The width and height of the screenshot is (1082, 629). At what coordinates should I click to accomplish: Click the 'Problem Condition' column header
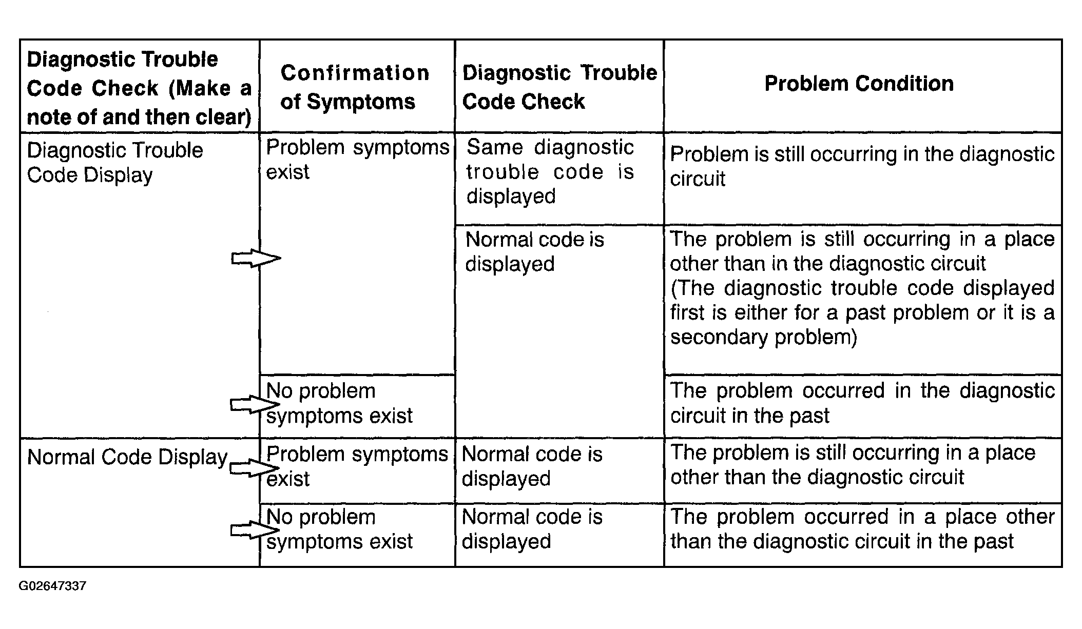pyautogui.click(x=859, y=83)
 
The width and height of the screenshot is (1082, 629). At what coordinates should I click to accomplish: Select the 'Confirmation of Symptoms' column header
pyautogui.click(x=355, y=87)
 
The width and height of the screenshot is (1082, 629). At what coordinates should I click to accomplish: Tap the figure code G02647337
pyautogui.click(x=52, y=586)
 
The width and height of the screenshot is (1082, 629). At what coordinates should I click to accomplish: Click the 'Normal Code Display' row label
pyautogui.click(x=127, y=457)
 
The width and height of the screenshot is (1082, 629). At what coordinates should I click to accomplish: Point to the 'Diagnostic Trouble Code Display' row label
pyautogui.click(x=115, y=163)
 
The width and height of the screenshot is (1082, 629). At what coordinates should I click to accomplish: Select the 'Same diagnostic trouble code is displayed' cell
pyautogui.click(x=550, y=171)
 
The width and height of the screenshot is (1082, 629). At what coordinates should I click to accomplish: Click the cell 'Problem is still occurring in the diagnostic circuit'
pyautogui.click(x=862, y=166)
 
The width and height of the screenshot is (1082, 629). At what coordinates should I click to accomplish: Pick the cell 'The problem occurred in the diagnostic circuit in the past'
pyautogui.click(x=862, y=403)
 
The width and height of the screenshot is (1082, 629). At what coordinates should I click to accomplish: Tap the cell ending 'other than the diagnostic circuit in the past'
pyautogui.click(x=862, y=529)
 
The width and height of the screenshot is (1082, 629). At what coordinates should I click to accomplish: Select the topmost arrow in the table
pyautogui.click(x=256, y=258)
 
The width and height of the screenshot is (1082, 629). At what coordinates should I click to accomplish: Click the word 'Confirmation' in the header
pyautogui.click(x=355, y=73)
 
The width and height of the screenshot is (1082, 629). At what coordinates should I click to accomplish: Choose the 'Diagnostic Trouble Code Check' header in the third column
pyautogui.click(x=559, y=87)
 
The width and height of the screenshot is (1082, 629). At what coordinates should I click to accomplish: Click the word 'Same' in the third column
pyautogui.click(x=495, y=147)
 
